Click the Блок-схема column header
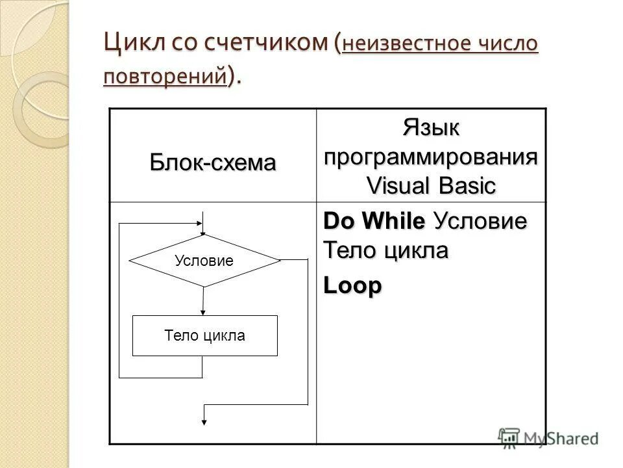(213, 162)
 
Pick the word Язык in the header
(431, 128)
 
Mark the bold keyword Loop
(352, 287)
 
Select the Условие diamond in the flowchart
(204, 261)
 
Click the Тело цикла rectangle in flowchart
(204, 335)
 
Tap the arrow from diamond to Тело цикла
(204, 300)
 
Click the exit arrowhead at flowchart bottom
(204, 421)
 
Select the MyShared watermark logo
(549, 437)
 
